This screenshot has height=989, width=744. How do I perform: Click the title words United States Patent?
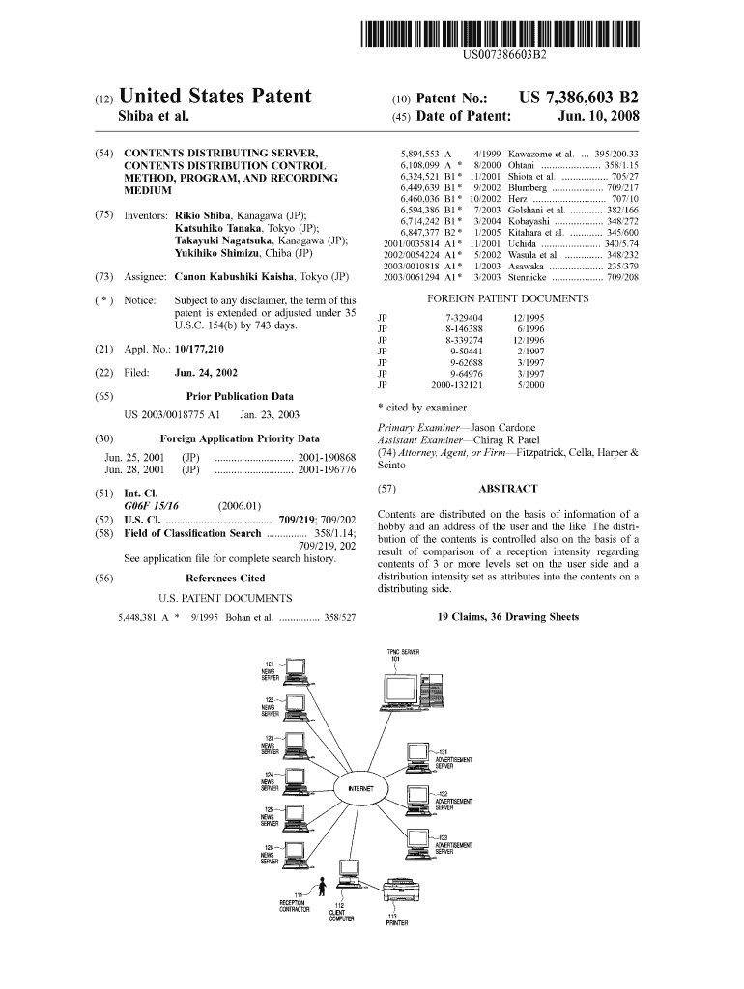point(215,97)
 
